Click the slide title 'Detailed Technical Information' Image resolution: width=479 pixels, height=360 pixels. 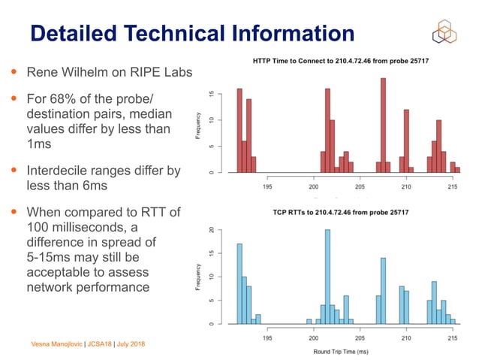coord(191,33)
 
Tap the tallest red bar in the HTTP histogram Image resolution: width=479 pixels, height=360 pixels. coord(383,126)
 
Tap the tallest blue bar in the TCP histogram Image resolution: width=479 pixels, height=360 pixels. coord(327,277)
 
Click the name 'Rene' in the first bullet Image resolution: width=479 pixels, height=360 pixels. coord(44,73)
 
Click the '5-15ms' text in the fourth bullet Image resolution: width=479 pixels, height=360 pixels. coord(53,257)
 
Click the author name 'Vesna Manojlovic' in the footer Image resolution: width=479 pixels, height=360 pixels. coord(56,344)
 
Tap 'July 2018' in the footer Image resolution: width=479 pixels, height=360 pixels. coord(129,344)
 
